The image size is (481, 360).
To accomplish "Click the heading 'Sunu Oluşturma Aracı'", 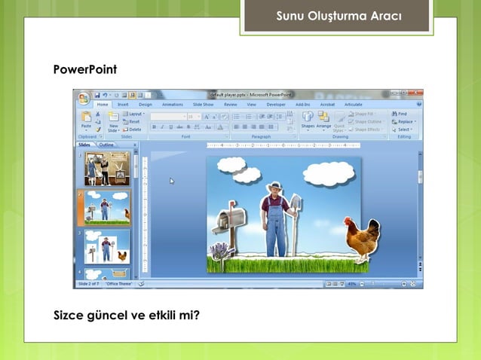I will pos(339,16).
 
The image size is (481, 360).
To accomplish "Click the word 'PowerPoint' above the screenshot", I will pos(84,70).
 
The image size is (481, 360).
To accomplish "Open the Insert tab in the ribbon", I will pos(123,105).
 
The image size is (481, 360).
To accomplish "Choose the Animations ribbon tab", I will pos(172,105).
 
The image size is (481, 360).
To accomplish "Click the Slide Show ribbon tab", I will pos(203,105).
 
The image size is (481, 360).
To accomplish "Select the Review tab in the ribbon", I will pos(230,105).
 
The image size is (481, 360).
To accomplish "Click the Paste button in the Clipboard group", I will pos(86,122).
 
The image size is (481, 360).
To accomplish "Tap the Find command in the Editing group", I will pos(400,114).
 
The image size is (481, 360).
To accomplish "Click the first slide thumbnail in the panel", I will pos(106,168).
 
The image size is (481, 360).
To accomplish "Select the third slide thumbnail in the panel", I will pos(106,246).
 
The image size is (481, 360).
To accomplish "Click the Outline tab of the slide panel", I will pos(107,144).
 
